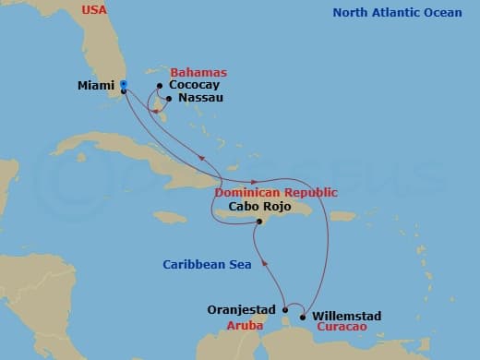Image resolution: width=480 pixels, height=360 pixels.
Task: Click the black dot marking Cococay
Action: click(160, 86)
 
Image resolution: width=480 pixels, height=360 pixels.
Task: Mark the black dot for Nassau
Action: click(168, 98)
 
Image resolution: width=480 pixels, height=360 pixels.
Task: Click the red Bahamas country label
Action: click(198, 72)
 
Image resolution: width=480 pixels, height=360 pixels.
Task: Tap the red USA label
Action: click(94, 10)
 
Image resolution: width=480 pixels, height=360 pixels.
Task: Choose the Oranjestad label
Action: click(244, 310)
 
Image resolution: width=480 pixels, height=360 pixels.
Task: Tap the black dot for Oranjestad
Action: click(285, 309)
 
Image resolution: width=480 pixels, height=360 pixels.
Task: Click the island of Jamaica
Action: click(171, 218)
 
